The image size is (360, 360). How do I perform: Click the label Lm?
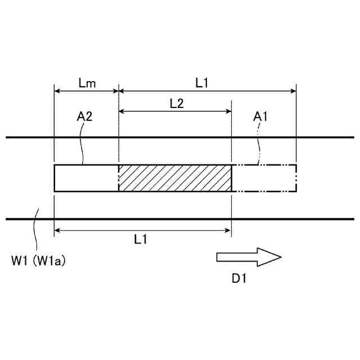[87, 83]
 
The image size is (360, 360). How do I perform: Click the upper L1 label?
[202, 83]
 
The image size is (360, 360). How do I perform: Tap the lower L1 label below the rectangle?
[142, 239]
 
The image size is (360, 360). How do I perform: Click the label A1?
[261, 117]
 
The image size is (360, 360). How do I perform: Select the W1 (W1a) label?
[38, 261]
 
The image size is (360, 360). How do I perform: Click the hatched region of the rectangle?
[175, 178]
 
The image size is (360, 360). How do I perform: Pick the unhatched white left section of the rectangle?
[86, 178]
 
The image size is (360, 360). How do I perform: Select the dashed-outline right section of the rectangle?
[264, 178]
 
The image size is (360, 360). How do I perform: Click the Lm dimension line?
[86, 91]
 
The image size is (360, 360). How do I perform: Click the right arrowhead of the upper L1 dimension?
[292, 91]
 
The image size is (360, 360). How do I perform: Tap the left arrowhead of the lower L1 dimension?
[57, 229]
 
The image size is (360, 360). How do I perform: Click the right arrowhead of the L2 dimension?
[228, 111]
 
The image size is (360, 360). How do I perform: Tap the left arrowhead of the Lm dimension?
[57, 91]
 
